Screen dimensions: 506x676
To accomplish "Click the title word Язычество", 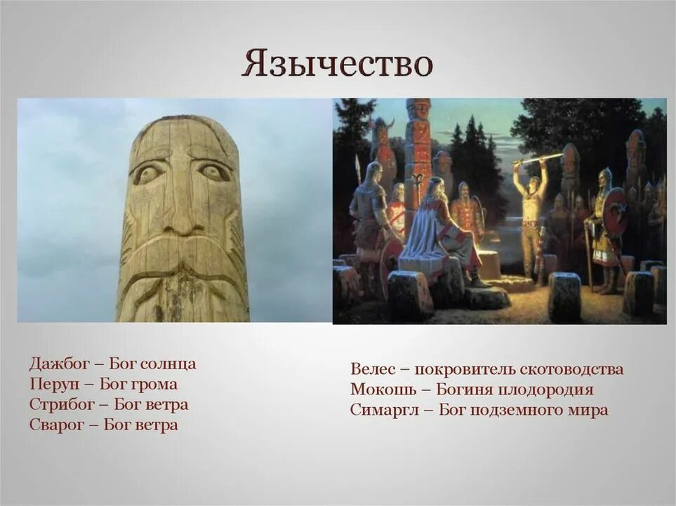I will tap(337, 63).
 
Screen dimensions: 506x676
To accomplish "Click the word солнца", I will tap(168, 364).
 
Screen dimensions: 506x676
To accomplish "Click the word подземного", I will tap(519, 411).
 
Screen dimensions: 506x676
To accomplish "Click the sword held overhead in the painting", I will tap(537, 159).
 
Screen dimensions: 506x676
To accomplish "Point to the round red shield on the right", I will tap(615, 211).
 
